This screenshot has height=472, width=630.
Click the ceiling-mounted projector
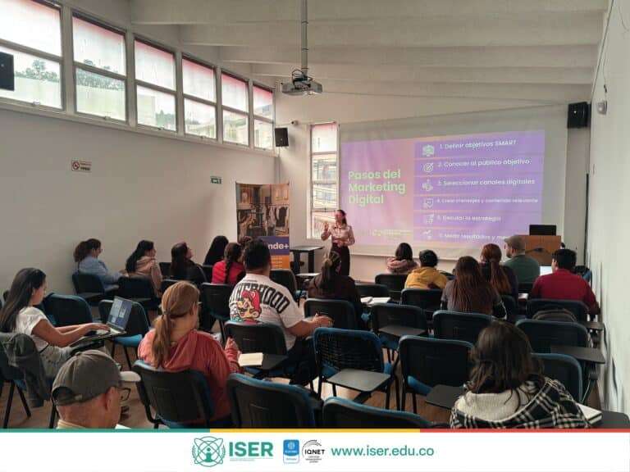point(301,84)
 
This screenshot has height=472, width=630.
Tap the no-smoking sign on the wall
point(80,166)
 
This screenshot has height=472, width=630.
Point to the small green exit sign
point(216,179)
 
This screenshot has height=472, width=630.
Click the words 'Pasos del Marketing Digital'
point(377,188)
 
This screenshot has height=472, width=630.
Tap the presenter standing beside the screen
point(339,239)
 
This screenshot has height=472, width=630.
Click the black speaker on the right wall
point(577,115)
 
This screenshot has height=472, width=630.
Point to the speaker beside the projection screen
point(281,137)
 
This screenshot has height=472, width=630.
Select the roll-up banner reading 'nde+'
point(263,222)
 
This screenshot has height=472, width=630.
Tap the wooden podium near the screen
point(541,247)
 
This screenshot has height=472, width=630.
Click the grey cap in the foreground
point(86,375)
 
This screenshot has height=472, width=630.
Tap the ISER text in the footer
point(251,450)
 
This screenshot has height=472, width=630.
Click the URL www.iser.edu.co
point(381,451)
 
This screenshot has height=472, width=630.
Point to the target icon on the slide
point(428,167)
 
